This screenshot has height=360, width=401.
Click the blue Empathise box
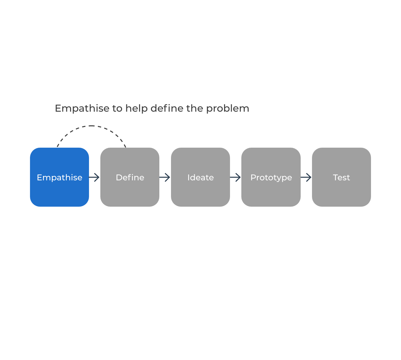pyautogui.click(x=59, y=177)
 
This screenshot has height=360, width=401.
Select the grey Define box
pyautogui.click(x=130, y=177)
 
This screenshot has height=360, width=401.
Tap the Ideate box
pyautogui.click(x=201, y=177)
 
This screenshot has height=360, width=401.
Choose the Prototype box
pyautogui.click(x=271, y=177)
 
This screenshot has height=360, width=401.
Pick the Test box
pyautogui.click(x=341, y=177)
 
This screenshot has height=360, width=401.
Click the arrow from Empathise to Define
pyautogui.click(x=94, y=177)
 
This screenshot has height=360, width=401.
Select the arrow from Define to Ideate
pyautogui.click(x=165, y=177)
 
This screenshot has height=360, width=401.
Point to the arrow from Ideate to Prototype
pyautogui.click(x=235, y=177)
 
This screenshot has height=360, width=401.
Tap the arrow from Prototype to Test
pyautogui.click(x=306, y=177)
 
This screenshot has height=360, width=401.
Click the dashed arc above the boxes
pyautogui.click(x=91, y=126)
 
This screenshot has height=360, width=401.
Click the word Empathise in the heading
pyautogui.click(x=82, y=108)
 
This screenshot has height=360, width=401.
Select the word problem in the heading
pyautogui.click(x=228, y=108)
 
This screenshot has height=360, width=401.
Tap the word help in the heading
pyautogui.click(x=137, y=108)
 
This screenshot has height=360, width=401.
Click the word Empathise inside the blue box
pyautogui.click(x=60, y=178)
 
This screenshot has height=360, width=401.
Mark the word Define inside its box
pyautogui.click(x=130, y=177)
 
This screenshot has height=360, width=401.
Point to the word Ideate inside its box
pyautogui.click(x=201, y=177)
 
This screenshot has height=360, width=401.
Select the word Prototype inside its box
pyautogui.click(x=271, y=178)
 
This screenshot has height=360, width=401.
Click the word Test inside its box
pyautogui.click(x=341, y=177)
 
